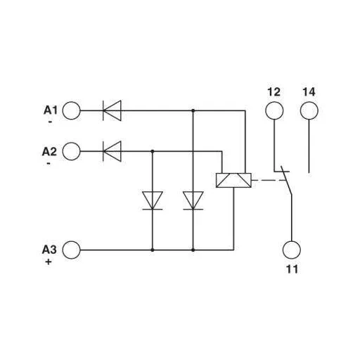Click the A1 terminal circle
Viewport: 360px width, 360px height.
point(72,110)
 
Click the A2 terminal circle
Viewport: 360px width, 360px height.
point(72,150)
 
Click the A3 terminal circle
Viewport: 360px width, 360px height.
point(72,249)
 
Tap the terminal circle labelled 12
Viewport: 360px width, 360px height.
point(274,110)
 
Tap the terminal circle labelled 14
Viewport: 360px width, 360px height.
point(309,110)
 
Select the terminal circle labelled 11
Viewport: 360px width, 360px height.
point(291,249)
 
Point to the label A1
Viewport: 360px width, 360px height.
point(51,109)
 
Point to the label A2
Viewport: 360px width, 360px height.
point(51,150)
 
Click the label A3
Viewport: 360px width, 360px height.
point(51,248)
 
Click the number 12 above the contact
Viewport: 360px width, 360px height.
point(274,92)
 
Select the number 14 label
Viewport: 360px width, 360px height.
point(309,92)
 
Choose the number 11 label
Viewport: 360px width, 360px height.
point(291,269)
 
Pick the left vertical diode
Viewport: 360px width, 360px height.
point(152,200)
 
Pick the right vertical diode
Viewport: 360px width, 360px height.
point(192,200)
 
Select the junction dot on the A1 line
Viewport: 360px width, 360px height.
point(192,110)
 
